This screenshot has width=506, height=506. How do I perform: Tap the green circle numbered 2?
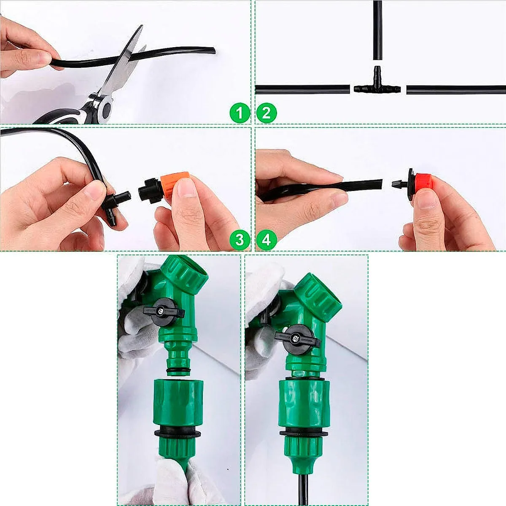[x=266, y=113]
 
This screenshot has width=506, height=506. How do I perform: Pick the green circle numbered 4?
[x=266, y=240]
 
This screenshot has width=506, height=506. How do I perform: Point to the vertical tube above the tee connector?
[x=377, y=30]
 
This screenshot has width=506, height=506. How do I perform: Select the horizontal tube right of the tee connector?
[x=455, y=89]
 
